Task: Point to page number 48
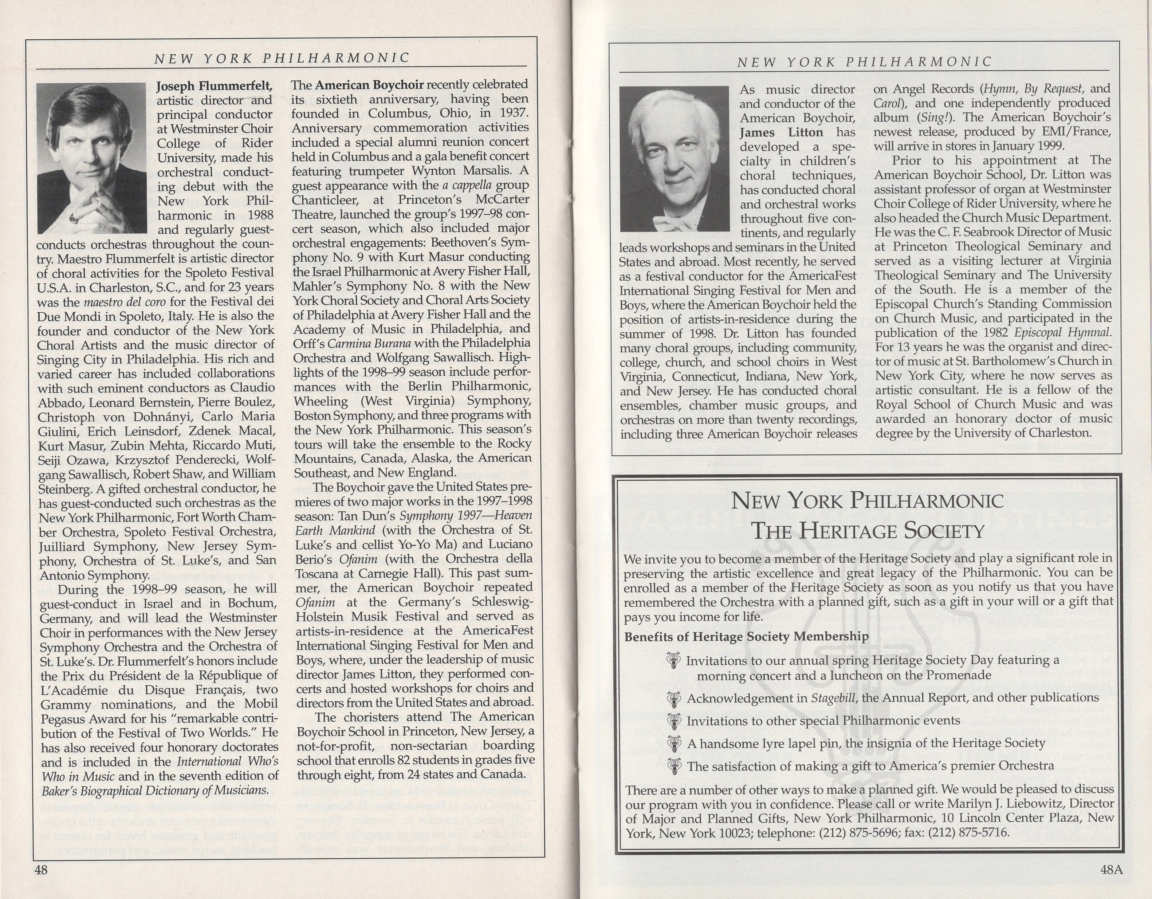point(41,870)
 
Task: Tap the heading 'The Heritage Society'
point(868,530)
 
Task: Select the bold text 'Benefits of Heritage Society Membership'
point(746,637)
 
